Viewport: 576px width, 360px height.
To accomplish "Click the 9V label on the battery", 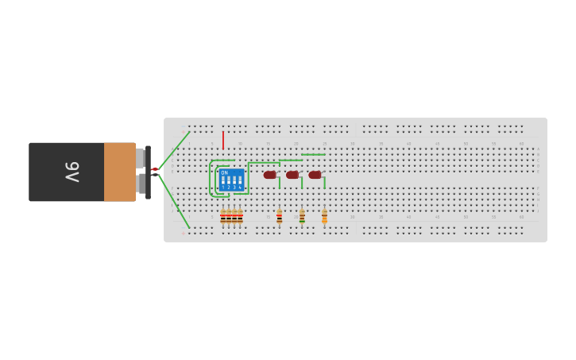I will (x=72, y=172).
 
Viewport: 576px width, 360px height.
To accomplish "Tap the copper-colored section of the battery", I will (x=120, y=172).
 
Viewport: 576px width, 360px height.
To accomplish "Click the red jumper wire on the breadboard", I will (x=223, y=140).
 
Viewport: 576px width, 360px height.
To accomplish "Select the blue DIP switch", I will (x=231, y=180).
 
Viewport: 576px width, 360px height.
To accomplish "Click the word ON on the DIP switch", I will (x=224, y=172).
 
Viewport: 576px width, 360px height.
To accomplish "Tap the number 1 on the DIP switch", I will (x=223, y=187).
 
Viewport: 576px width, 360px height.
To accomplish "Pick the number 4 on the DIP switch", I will (x=240, y=187).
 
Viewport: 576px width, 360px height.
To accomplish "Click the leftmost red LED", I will (x=270, y=175).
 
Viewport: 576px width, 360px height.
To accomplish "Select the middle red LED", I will (x=292, y=175).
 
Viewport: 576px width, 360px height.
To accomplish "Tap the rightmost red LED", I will (x=315, y=175).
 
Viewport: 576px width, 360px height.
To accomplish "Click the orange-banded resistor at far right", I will (x=324, y=216).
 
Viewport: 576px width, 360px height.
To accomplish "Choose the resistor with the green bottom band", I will (x=302, y=216).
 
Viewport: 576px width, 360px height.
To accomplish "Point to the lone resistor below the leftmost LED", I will (x=280, y=216).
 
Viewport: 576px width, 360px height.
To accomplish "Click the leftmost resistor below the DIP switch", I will (x=223, y=216).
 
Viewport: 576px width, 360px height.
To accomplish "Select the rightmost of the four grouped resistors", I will (x=240, y=216).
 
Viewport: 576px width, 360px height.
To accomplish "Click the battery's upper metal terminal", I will (x=141, y=157).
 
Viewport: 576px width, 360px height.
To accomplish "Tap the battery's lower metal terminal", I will (x=141, y=184).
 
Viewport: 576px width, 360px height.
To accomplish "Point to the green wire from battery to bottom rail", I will (x=176, y=205).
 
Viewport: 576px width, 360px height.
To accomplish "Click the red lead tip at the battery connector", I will (x=154, y=169).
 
